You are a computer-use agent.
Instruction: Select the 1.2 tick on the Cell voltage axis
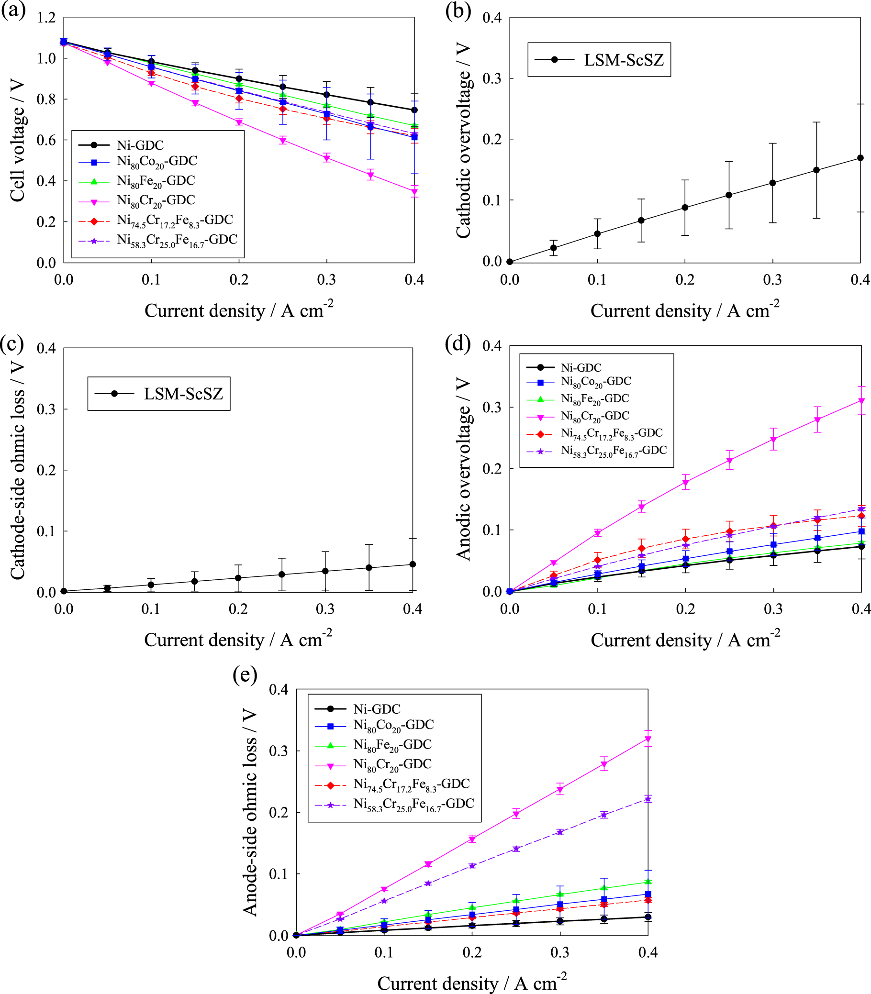47,18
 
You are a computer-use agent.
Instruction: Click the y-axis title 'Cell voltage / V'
18,141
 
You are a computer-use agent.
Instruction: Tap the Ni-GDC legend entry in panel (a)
140,145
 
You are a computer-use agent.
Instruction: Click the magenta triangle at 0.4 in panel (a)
414,192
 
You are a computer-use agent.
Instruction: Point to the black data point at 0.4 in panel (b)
860,158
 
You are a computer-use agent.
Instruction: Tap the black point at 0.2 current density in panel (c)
238,578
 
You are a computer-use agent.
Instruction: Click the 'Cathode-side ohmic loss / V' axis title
18,470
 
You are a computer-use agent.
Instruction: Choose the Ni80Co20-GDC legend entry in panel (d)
596,382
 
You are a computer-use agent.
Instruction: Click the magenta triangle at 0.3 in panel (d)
773,440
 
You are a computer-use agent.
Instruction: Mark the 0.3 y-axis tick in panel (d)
492,407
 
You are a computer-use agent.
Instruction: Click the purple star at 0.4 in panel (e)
648,799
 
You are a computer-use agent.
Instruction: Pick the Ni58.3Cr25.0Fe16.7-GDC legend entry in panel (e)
413,805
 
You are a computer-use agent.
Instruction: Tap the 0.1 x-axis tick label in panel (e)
384,952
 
